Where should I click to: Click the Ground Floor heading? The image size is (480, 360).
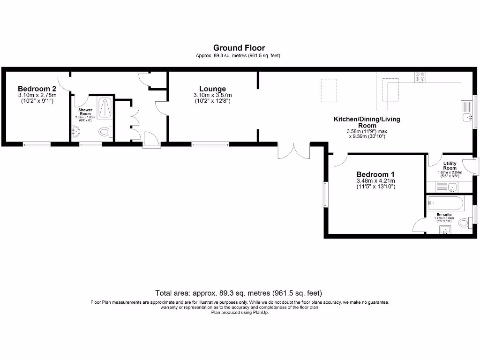239,48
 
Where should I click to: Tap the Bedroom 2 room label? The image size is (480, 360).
37,89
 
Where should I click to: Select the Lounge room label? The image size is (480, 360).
212,89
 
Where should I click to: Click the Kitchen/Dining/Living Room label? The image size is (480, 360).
367,122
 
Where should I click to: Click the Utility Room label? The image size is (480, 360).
450,165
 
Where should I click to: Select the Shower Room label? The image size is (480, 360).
85,112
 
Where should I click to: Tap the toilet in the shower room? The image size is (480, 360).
105,133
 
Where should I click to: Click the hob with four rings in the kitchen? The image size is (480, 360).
420,76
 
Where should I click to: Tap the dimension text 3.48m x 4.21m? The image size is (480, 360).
375,181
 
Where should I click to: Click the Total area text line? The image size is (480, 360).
239,293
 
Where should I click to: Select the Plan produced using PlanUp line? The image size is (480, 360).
240,312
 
